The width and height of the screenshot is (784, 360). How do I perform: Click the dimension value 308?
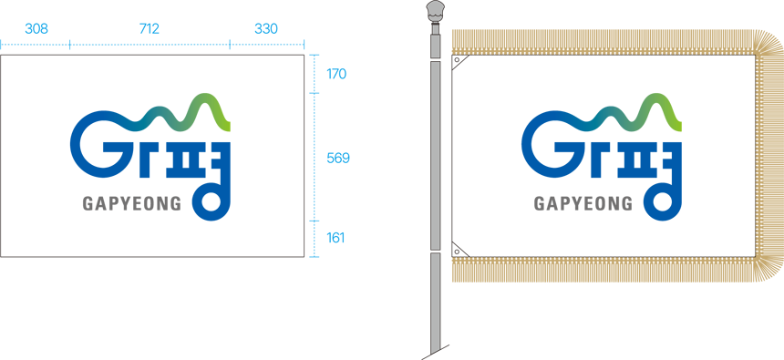[x=36, y=29]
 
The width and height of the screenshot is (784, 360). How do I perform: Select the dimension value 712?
[x=149, y=29]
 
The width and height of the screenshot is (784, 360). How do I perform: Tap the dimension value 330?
[x=265, y=29]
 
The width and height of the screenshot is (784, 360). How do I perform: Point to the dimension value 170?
[x=336, y=74]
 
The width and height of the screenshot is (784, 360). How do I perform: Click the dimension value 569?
[x=338, y=159]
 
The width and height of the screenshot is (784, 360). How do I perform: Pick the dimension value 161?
[x=335, y=238]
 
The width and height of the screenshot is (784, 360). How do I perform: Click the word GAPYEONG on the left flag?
[x=132, y=203]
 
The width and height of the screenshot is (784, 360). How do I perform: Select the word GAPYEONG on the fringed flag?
[x=583, y=203]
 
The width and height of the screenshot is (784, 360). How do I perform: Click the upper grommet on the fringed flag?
[x=457, y=60]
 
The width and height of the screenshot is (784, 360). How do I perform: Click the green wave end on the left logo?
[x=224, y=126]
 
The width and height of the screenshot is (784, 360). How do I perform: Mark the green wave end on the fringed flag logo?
[x=676, y=126]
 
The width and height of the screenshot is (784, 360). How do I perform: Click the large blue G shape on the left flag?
[x=73, y=145]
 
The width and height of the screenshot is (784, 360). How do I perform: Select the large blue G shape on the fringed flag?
[x=524, y=145]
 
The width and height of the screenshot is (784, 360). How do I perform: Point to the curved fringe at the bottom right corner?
[x=769, y=271]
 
